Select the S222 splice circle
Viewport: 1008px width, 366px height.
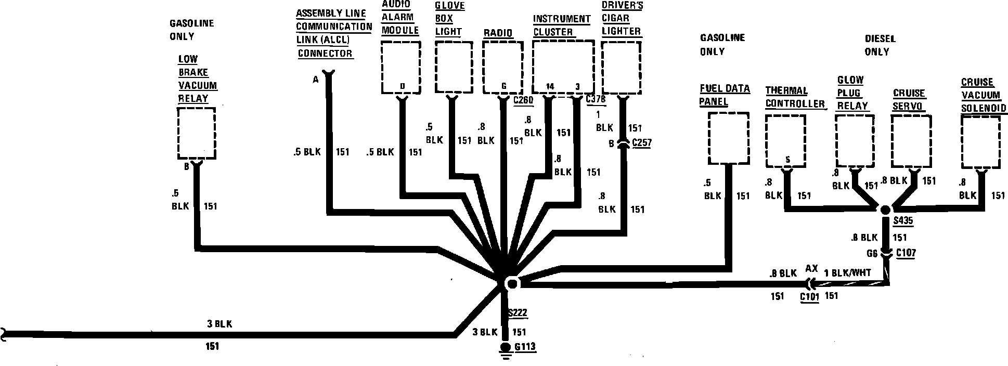512,284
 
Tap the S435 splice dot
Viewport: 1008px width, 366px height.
886,209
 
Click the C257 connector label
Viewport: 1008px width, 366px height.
642,142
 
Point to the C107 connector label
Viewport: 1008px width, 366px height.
906,253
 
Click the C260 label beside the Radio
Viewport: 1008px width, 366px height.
523,100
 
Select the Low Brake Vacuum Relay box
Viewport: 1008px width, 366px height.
197,133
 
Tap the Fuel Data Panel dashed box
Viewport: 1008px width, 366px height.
729,139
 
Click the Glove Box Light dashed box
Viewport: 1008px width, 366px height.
454,68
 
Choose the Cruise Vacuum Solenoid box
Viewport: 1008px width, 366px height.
980,142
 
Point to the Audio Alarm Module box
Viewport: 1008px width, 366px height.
401,69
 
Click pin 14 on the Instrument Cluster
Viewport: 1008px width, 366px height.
550,86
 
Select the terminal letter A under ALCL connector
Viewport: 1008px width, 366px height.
315,80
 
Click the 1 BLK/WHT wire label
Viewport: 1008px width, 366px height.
847,272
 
